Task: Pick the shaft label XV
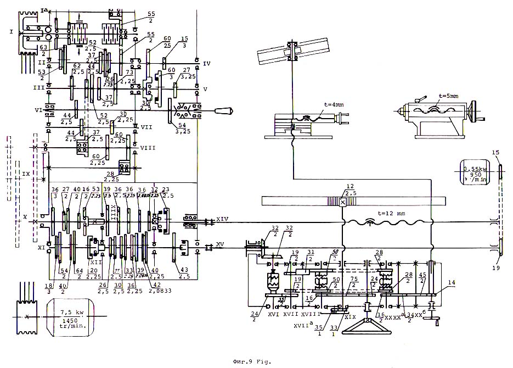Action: pos(220,243)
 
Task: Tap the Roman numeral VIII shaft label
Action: pos(148,148)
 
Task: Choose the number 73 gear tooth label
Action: pos(130,73)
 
